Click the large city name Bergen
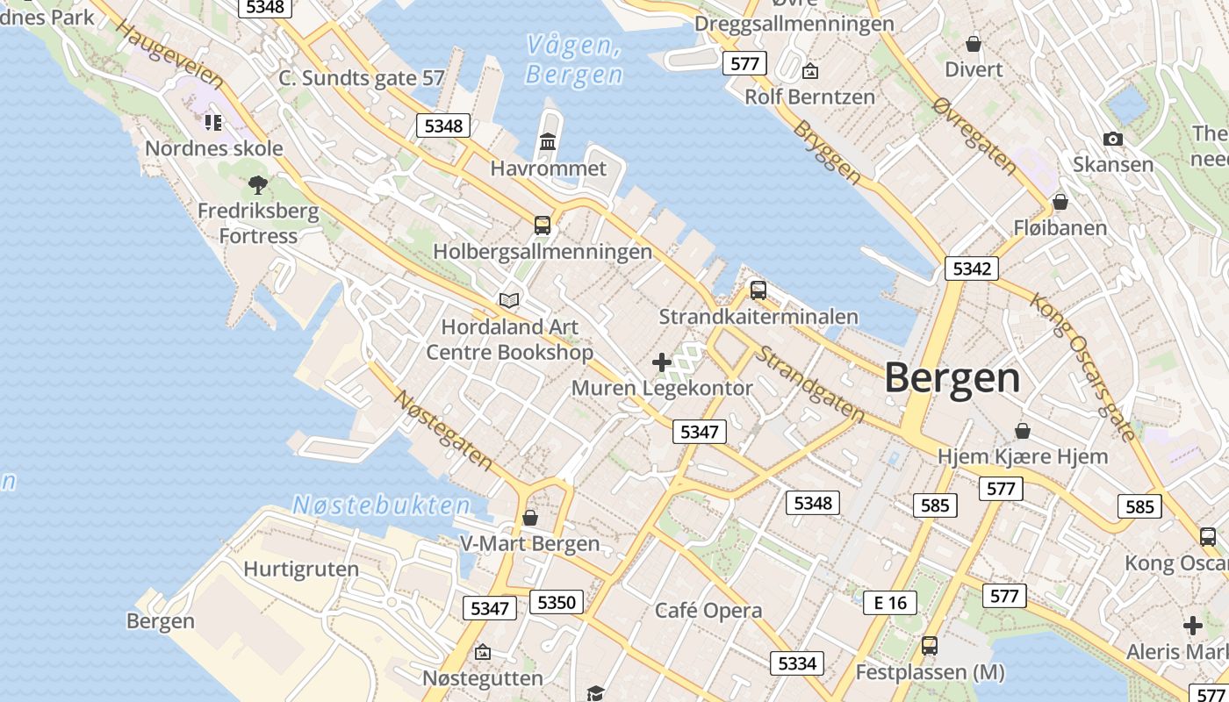point(952,378)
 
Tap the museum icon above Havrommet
point(549,141)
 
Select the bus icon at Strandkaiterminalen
point(758,290)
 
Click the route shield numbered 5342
point(972,269)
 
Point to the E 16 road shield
point(890,602)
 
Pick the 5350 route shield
point(557,602)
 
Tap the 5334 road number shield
point(797,663)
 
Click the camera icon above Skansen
point(1113,139)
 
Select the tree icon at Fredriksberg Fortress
point(257,184)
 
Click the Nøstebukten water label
point(382,505)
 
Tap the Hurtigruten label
point(301,569)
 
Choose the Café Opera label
point(708,611)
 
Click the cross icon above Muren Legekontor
point(662,362)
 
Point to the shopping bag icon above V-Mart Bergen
point(529,518)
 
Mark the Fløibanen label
point(1060,228)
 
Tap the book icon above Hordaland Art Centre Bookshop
point(509,300)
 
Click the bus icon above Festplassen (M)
point(930,646)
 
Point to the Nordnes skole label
point(214,147)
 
